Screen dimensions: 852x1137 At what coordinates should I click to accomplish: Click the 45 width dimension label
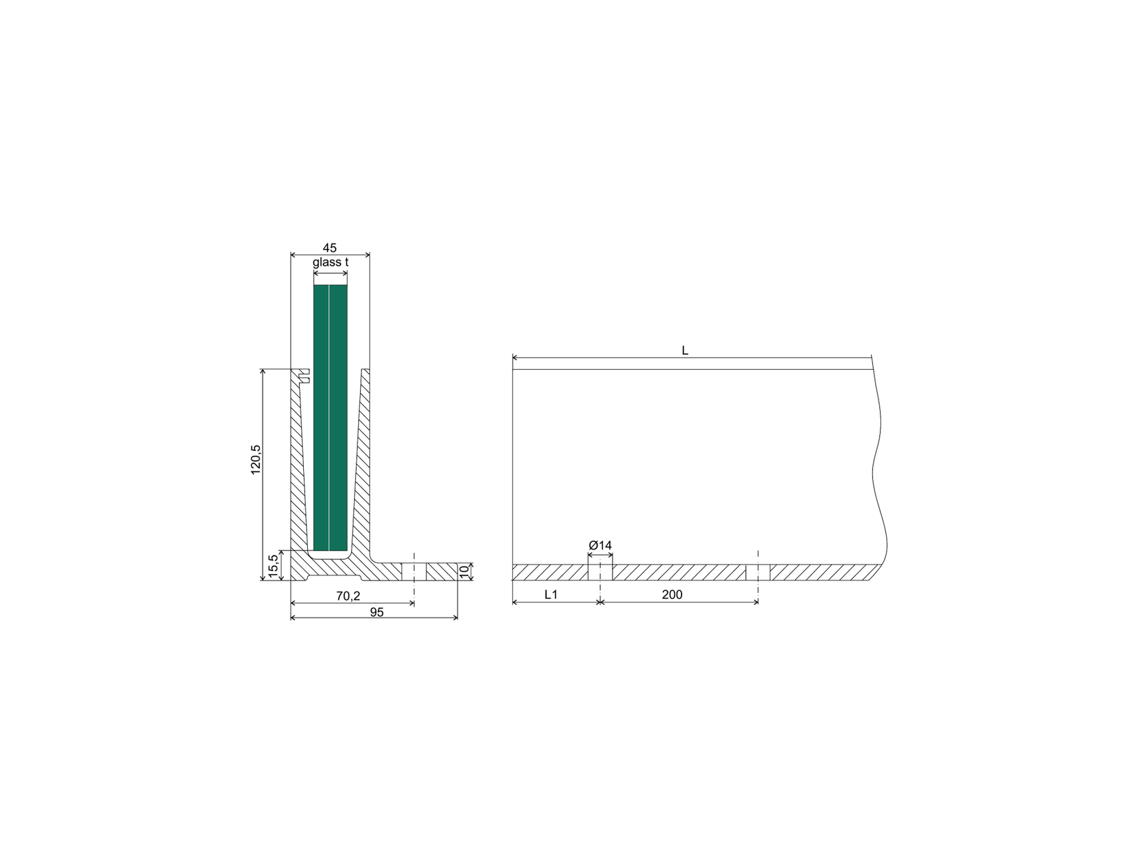tap(330, 248)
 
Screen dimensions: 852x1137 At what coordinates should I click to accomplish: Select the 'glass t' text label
tap(330, 262)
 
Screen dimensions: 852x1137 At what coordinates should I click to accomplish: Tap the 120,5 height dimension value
tap(256, 460)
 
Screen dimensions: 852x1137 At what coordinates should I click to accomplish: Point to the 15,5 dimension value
tap(273, 565)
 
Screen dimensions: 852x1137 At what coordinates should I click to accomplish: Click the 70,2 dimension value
tap(348, 596)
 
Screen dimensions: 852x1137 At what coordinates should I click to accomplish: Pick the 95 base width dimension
tap(376, 612)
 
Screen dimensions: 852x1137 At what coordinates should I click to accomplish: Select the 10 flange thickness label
tap(464, 571)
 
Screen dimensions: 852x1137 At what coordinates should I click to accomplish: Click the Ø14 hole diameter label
tap(600, 545)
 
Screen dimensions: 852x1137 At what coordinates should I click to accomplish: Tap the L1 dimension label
tap(551, 594)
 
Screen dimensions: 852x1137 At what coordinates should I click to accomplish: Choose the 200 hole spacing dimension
tap(671, 594)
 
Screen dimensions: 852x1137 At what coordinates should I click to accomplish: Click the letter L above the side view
tap(685, 350)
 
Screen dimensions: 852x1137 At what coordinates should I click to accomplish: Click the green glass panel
tap(330, 419)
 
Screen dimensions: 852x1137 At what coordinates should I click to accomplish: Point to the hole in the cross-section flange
tap(414, 572)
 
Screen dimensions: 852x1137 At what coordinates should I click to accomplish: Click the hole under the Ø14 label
tap(600, 572)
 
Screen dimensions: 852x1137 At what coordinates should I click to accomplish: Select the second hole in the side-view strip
tap(758, 572)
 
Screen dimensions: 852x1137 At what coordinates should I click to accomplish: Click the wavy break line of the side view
tap(877, 467)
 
